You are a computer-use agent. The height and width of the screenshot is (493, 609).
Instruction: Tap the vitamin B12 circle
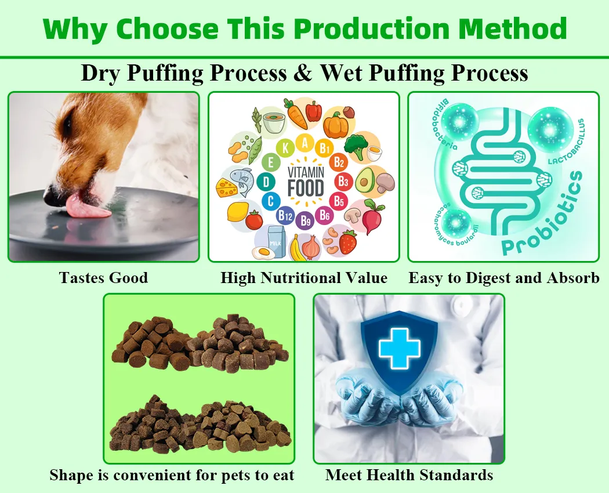tap(285, 216)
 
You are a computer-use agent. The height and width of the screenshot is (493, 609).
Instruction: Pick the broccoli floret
tap(355, 146)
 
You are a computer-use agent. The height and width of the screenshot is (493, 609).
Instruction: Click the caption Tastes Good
tap(103, 278)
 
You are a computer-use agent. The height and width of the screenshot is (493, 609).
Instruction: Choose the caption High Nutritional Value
tap(304, 278)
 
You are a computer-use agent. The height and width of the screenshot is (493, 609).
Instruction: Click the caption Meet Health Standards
tap(409, 475)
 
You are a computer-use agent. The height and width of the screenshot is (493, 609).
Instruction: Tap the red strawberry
tap(347, 242)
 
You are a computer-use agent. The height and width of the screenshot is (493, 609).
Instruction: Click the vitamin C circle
tap(270, 201)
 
